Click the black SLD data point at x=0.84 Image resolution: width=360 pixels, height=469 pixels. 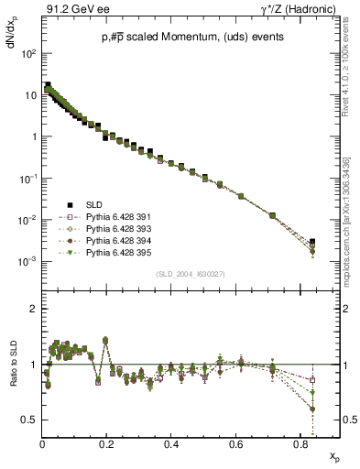[x=313, y=242]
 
